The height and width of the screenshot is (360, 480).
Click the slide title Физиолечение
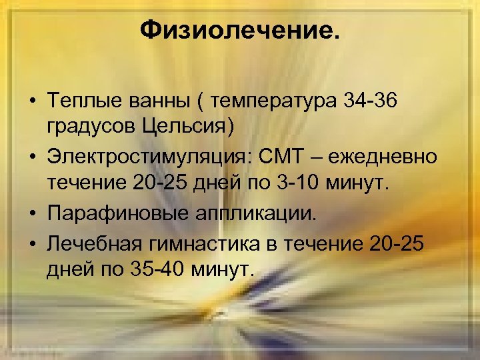239,30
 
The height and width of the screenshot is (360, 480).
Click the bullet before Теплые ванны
31,101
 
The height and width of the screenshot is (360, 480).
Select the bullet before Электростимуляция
31,157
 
